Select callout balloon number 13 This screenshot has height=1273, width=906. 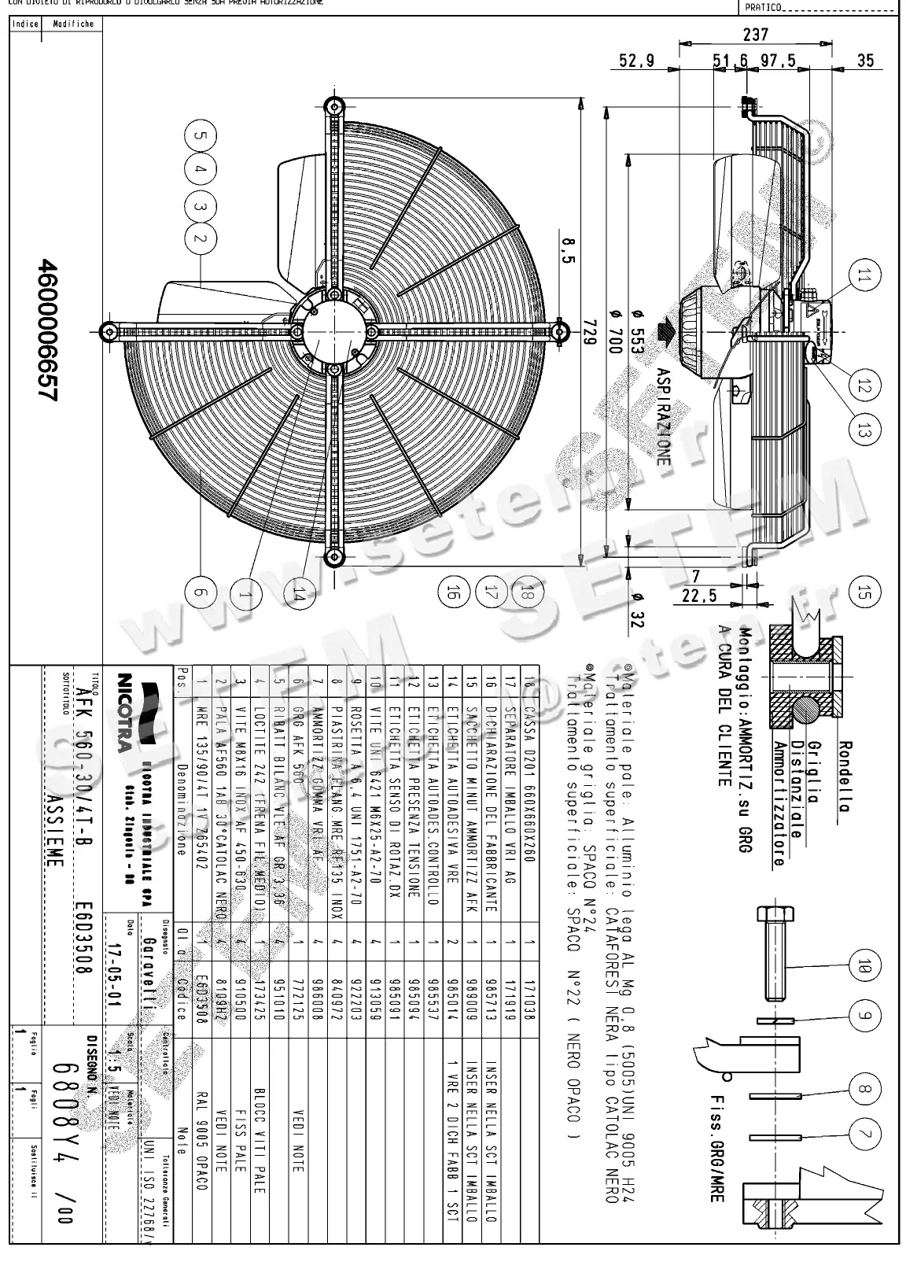(864, 430)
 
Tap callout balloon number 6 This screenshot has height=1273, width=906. (200, 591)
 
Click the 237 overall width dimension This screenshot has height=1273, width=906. (755, 35)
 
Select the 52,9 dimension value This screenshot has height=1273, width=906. (636, 61)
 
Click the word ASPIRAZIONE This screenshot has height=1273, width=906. (663, 416)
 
